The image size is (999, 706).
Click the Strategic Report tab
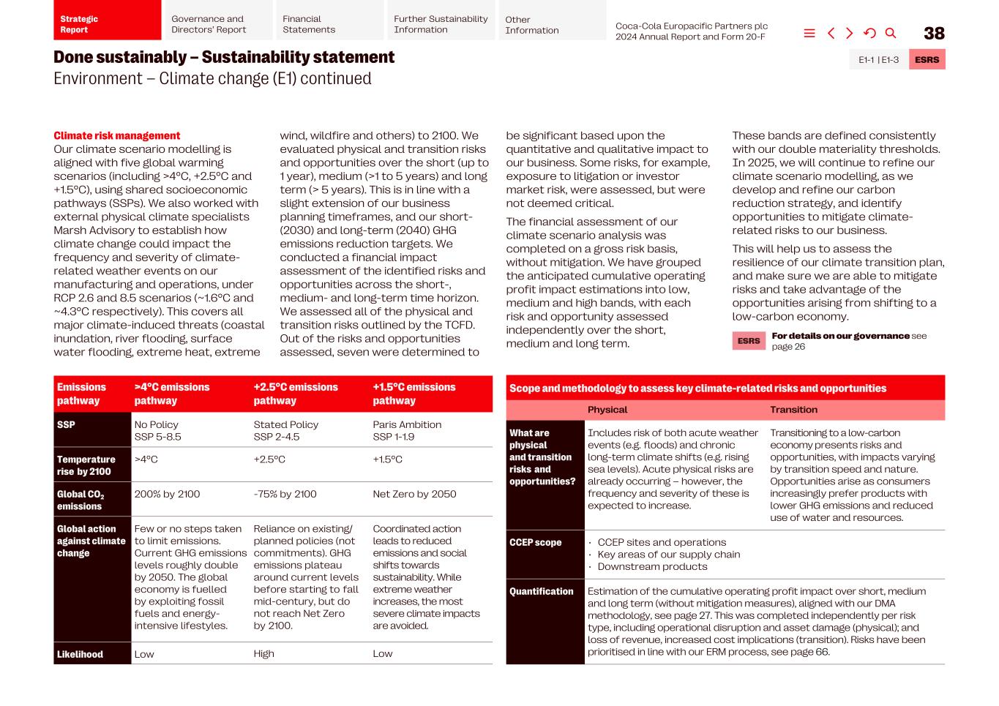107,24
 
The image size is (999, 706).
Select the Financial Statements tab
328,24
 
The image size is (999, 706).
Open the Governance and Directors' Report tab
217,24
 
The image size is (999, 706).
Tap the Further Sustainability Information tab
441,24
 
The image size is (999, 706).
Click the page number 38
934,34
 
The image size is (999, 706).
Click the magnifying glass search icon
891,33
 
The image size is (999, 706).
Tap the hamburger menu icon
809,33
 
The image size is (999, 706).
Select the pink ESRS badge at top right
927,60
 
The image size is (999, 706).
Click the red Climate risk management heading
116,135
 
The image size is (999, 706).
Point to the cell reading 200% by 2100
167,494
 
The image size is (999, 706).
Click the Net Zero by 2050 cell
414,494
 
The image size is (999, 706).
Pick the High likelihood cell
264,653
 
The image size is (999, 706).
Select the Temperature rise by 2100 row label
86,465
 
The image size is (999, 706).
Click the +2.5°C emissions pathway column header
296,394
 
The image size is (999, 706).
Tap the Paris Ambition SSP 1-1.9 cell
407,430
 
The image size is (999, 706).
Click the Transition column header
793,410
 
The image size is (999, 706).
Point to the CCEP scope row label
536,542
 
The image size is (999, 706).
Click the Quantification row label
542,591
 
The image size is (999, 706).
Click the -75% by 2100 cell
285,494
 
